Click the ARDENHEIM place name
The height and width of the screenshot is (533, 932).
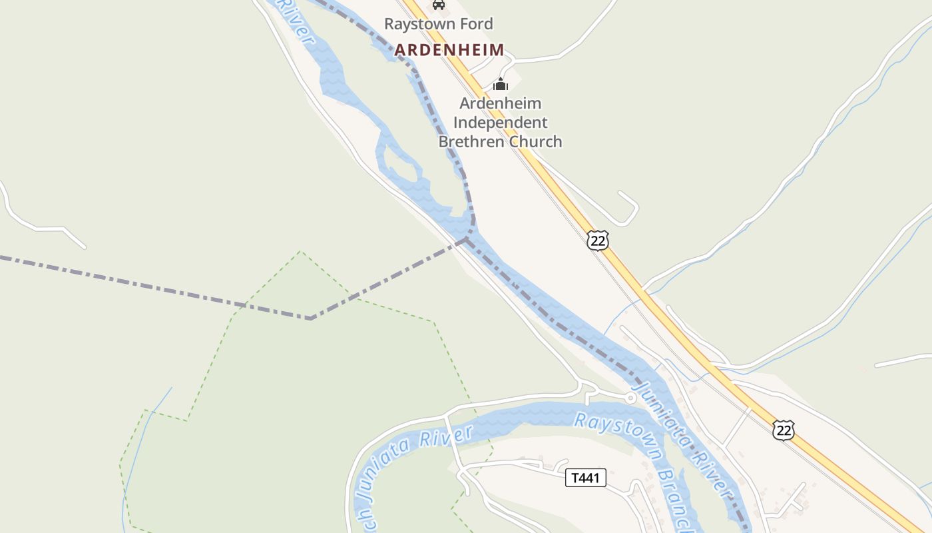[449, 50]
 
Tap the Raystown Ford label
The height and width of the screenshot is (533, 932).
[439, 24]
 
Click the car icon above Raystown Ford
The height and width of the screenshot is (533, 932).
[438, 5]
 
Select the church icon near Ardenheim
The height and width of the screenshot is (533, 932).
[501, 84]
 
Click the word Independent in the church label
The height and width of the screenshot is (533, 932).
[501, 123]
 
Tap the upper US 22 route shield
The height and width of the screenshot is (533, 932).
[598, 240]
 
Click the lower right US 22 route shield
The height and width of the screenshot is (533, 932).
[784, 430]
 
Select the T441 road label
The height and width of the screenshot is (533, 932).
[586, 478]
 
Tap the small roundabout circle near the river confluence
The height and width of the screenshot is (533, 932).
[630, 398]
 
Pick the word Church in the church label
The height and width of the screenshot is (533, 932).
[535, 141]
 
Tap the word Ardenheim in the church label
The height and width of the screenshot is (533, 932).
[501, 103]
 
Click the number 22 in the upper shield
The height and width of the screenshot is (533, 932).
[598, 241]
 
